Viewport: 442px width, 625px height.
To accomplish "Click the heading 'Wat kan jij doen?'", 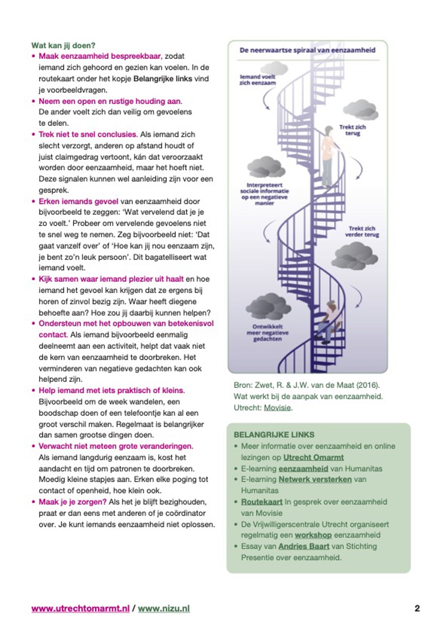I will pyautogui.click(x=63, y=46).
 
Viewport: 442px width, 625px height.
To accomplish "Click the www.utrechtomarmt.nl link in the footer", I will pyautogui.click(x=80, y=608).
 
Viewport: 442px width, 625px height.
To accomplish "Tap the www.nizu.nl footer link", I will pyautogui.click(x=164, y=608).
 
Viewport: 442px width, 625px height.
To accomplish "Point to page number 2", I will pyautogui.click(x=417, y=608).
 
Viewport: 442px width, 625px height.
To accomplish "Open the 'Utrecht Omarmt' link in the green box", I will pyautogui.click(x=313, y=457).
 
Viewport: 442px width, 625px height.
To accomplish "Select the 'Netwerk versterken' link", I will pyautogui.click(x=315, y=479).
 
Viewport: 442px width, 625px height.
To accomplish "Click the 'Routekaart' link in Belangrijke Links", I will pyautogui.click(x=262, y=502).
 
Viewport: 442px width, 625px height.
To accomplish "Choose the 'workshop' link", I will pyautogui.click(x=313, y=535).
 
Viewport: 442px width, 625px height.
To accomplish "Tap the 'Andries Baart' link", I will pyautogui.click(x=304, y=546).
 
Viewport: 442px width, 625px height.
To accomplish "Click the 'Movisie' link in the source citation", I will pyautogui.click(x=278, y=408).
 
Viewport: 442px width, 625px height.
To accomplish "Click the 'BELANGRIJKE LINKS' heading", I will pyautogui.click(x=274, y=434).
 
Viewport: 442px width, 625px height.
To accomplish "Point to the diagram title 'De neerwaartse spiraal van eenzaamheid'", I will pyautogui.click(x=307, y=50).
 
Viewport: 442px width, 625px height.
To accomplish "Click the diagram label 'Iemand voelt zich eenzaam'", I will pyautogui.click(x=257, y=80).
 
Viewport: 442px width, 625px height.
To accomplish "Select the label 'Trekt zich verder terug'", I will pyautogui.click(x=362, y=231).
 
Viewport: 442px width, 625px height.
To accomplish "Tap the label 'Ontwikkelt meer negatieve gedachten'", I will pyautogui.click(x=267, y=333).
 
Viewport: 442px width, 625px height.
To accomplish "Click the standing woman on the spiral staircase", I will pyautogui.click(x=328, y=155).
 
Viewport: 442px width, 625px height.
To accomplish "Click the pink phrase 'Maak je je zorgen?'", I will pyautogui.click(x=72, y=502).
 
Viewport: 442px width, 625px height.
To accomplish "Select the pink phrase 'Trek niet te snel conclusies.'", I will pyautogui.click(x=88, y=134).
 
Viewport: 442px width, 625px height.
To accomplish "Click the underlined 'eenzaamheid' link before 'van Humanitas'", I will pyautogui.click(x=303, y=469).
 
